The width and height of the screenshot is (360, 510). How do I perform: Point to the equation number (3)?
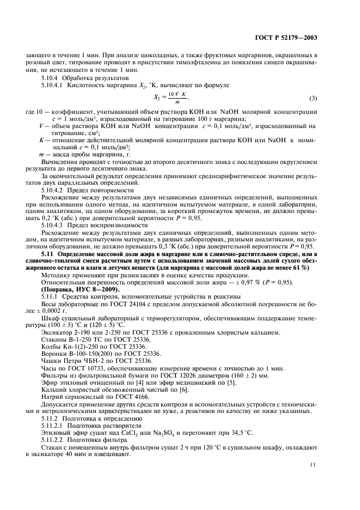point(313,98)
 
